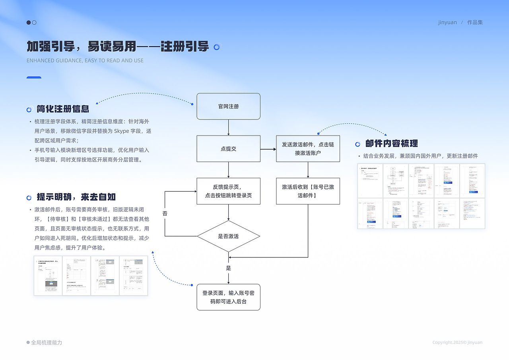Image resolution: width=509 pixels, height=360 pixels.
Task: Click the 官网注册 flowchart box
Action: pyautogui.click(x=228, y=106)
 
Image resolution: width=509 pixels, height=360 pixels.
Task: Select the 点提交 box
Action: pyautogui.click(x=228, y=149)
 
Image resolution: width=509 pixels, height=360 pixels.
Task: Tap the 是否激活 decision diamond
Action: pyautogui.click(x=228, y=236)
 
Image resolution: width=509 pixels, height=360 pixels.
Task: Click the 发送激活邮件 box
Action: pyautogui.click(x=308, y=149)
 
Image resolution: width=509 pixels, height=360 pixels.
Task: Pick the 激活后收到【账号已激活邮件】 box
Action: pyautogui.click(x=308, y=191)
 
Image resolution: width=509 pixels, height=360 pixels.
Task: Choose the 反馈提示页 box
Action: pyautogui.click(x=228, y=191)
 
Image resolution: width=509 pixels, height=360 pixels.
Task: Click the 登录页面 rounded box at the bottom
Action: pyautogui.click(x=228, y=297)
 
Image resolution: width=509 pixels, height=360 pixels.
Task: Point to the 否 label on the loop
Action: pyautogui.click(x=165, y=214)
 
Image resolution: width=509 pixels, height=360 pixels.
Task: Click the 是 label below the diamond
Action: pyautogui.click(x=229, y=268)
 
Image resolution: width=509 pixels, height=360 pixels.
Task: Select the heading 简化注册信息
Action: pyautogui.click(x=63, y=109)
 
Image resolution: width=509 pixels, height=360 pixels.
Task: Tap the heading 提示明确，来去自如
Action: pyautogui.click(x=76, y=197)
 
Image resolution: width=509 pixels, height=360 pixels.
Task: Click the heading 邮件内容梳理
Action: pyautogui.click(x=391, y=144)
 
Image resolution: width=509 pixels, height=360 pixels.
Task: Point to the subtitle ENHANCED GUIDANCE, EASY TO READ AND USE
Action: pyautogui.click(x=85, y=60)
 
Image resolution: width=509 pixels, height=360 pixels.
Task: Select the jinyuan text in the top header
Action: pyautogui.click(x=447, y=22)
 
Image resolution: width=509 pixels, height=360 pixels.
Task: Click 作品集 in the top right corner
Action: pyautogui.click(x=475, y=22)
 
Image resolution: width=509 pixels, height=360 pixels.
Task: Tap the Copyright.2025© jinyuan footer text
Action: pyautogui.click(x=457, y=342)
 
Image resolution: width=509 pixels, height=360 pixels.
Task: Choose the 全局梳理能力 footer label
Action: pyautogui.click(x=47, y=342)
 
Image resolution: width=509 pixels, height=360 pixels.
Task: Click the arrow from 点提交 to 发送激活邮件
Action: pyautogui.click(x=268, y=149)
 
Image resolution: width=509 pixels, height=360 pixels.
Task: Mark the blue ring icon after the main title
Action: pyautogui.click(x=217, y=47)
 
